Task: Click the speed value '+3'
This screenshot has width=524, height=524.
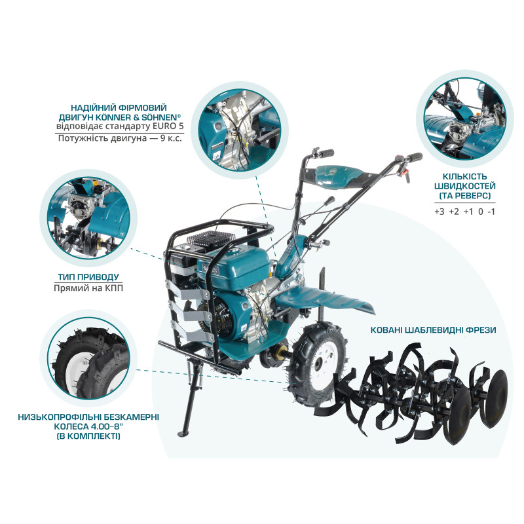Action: coord(439,211)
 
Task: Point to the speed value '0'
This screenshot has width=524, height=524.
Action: coord(480,211)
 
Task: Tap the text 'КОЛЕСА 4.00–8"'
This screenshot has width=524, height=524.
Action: coord(86,426)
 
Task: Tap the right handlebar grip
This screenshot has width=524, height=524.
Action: coord(414,157)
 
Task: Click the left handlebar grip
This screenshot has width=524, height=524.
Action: coord(326,153)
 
